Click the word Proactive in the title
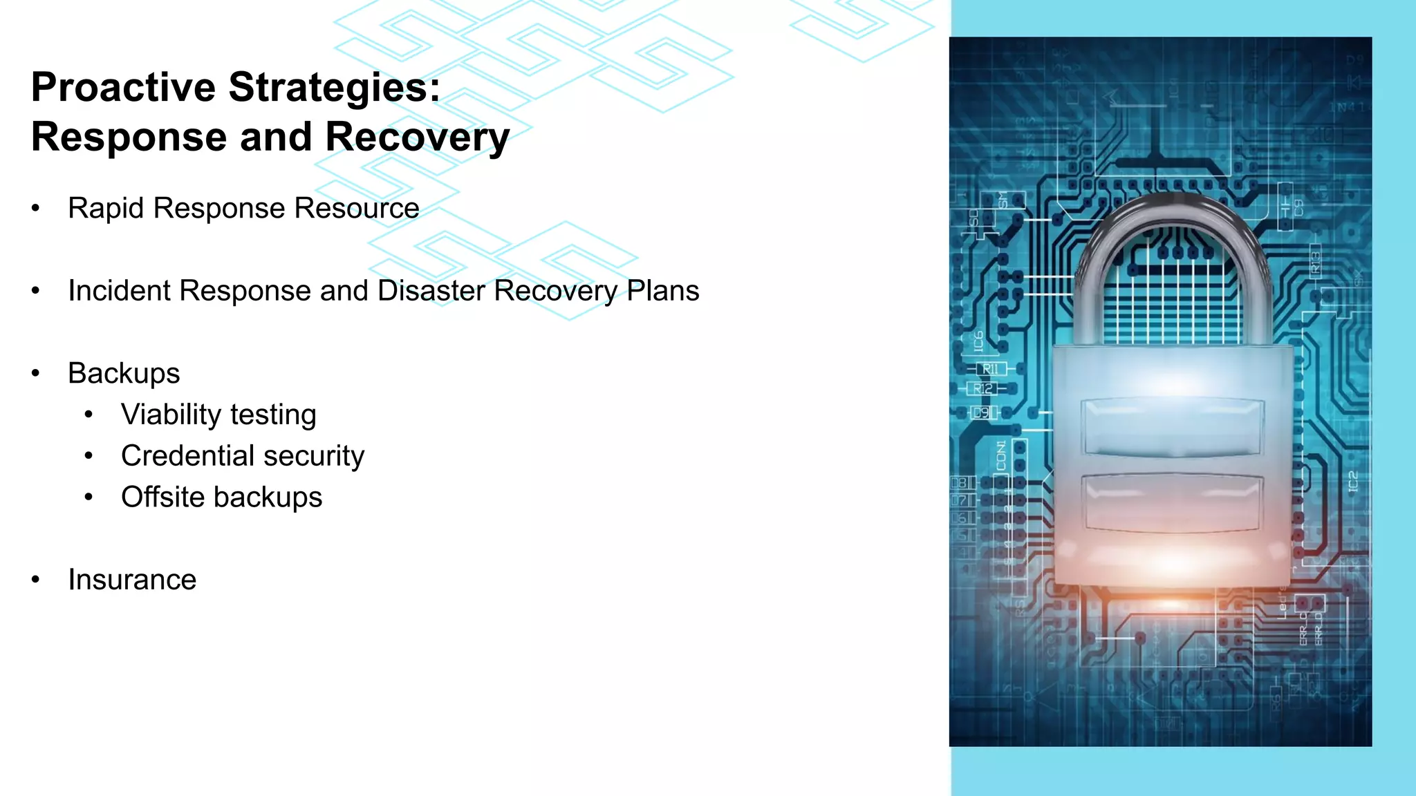click(x=123, y=88)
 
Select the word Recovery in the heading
click(x=417, y=138)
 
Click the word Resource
click(x=357, y=208)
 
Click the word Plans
click(x=663, y=291)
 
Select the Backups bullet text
click(x=124, y=373)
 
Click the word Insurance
click(x=132, y=580)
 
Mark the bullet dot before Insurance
click(x=36, y=580)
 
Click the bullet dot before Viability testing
click(x=88, y=415)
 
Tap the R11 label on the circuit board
click(x=990, y=369)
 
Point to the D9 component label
click(x=981, y=413)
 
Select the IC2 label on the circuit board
click(x=1353, y=482)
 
